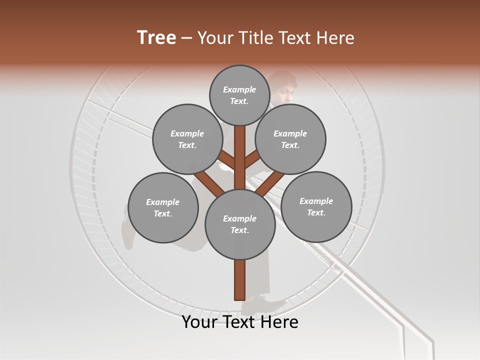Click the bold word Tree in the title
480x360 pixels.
coord(156,37)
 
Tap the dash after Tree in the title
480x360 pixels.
coord(186,38)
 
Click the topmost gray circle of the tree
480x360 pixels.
coord(239,95)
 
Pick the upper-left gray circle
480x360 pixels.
coord(187,139)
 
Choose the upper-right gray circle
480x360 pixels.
coord(290,139)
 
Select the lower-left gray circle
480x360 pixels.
coord(162,207)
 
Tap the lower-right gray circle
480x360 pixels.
coord(316,206)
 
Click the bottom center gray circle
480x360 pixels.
coord(240,224)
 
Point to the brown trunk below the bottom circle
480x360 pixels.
coord(240,280)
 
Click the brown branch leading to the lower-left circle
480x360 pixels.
coord(209,183)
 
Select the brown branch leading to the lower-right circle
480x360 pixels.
coord(270,183)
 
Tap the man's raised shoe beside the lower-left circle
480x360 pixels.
coord(127,235)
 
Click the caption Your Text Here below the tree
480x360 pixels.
coord(240,322)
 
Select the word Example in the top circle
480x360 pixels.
coord(239,89)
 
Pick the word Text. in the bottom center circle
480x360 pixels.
coord(239,230)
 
